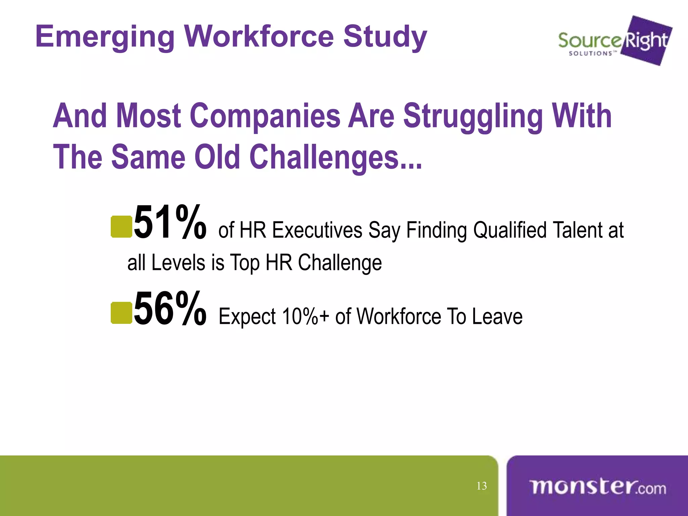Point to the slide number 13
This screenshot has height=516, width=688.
482,486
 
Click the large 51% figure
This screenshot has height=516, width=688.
170,222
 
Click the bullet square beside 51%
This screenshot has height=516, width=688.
121,227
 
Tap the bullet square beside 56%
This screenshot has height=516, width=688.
121,313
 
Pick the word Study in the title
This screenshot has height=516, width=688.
385,37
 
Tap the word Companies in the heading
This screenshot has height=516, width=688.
265,116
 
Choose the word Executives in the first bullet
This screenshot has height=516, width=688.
317,230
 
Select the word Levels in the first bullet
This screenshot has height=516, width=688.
178,263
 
